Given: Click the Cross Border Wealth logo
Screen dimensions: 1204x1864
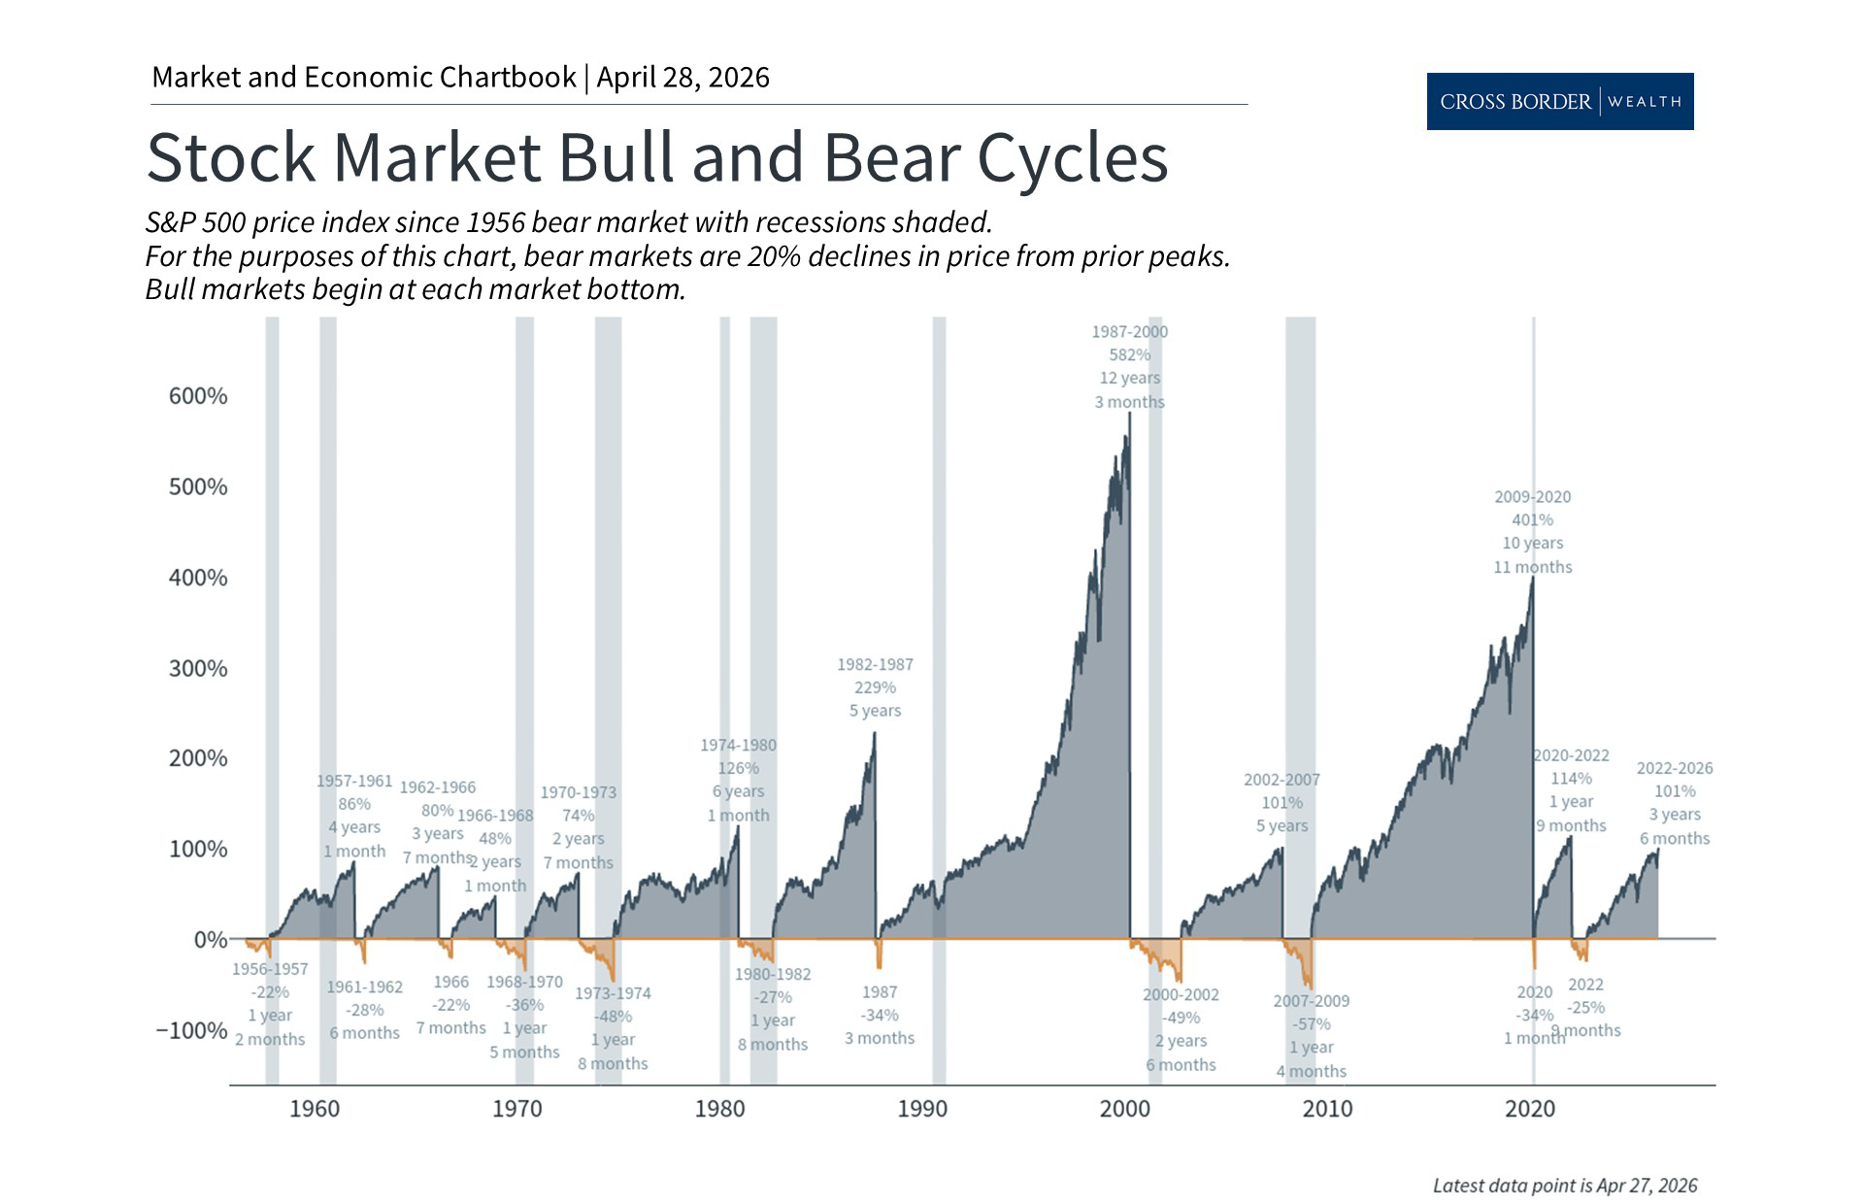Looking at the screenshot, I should point(1559,101).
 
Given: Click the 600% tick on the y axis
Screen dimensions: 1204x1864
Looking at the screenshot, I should point(198,396).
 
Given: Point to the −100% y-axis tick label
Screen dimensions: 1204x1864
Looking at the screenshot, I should point(192,1030).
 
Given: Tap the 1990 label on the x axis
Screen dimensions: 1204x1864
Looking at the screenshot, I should point(922,1109).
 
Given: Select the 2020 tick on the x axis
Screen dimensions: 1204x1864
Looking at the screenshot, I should point(1530,1109).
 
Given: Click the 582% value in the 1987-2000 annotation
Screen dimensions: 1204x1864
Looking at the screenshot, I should point(1129,355).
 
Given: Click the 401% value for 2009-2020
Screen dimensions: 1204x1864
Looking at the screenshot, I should point(1532,520).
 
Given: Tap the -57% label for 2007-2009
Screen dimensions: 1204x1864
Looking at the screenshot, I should point(1311,1024).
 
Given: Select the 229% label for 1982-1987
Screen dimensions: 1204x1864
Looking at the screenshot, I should point(875,687).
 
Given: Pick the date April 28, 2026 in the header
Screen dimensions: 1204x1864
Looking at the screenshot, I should point(682,78).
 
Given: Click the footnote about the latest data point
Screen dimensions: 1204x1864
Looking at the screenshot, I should point(1565,1186).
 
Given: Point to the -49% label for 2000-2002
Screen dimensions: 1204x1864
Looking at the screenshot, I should point(1181,1018).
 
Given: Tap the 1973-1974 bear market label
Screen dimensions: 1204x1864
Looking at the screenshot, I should point(613,993).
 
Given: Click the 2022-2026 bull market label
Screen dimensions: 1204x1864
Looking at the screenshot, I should point(1675,768).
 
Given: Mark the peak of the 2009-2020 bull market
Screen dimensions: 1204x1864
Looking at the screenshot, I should point(1532,579).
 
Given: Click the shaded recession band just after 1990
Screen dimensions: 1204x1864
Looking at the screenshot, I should point(939,699).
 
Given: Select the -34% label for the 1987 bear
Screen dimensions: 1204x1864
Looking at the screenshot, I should point(880,1015).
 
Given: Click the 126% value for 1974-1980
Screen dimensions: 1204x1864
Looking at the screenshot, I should point(738,768).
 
